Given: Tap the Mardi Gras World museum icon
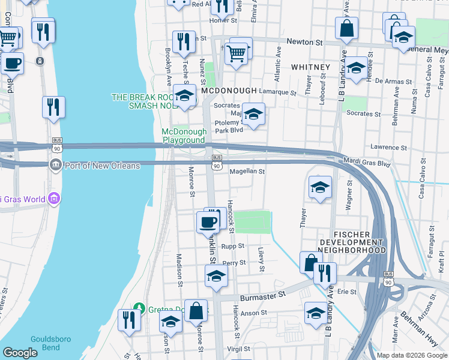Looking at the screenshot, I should pyautogui.click(x=53, y=197).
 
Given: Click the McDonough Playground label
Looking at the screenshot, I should pyautogui.click(x=184, y=136).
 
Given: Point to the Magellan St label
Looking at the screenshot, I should pyautogui.click(x=247, y=172).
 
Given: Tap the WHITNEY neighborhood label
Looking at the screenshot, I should pyautogui.click(x=310, y=67).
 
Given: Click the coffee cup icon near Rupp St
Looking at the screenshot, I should pyautogui.click(x=208, y=222).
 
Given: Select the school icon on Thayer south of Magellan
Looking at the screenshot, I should pyautogui.click(x=321, y=188).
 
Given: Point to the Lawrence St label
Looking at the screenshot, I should pyautogui.click(x=388, y=147).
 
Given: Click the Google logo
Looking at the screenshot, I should pyautogui.click(x=20, y=353).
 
